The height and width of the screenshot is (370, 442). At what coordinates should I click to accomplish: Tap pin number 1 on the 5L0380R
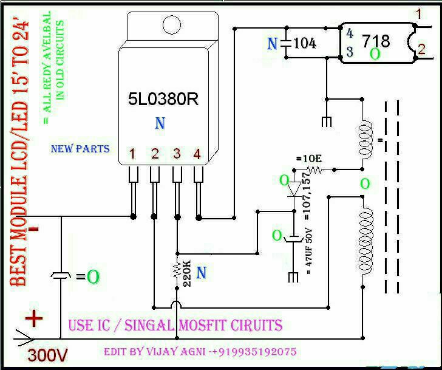[x=132, y=154]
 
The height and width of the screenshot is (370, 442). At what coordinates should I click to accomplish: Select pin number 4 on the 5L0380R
[x=197, y=154]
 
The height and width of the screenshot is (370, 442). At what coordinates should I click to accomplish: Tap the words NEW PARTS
[x=80, y=149]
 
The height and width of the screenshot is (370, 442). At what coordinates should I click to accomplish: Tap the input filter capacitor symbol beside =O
[x=61, y=276]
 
